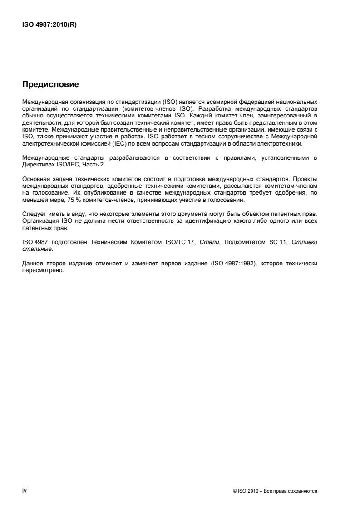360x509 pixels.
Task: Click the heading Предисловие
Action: (x=50, y=84)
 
